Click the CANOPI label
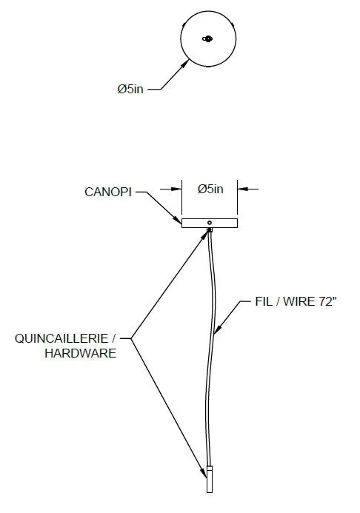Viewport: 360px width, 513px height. [x=108, y=192]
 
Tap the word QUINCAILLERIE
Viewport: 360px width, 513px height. [x=61, y=338]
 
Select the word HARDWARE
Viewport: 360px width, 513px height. [x=81, y=353]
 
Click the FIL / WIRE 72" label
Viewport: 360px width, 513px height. [x=296, y=301]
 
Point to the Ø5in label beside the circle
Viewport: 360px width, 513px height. [x=130, y=89]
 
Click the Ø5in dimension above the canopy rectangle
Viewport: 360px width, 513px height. [x=210, y=189]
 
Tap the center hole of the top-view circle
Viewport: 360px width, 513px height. [x=207, y=39]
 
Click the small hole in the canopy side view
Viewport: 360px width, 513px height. [x=210, y=223]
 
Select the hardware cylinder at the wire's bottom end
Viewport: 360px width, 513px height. [x=210, y=479]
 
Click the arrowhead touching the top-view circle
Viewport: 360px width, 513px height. [x=185, y=64]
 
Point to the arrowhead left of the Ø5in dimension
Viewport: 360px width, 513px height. [x=177, y=189]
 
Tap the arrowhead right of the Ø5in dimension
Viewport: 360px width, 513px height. [x=242, y=189]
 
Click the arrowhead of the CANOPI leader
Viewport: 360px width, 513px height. [x=178, y=220]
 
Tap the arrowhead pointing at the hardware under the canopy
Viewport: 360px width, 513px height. [x=204, y=235]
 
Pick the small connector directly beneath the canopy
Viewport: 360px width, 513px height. [x=210, y=230]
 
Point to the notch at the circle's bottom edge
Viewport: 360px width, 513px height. [x=208, y=66]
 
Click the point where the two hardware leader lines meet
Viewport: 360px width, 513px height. [x=131, y=338]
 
